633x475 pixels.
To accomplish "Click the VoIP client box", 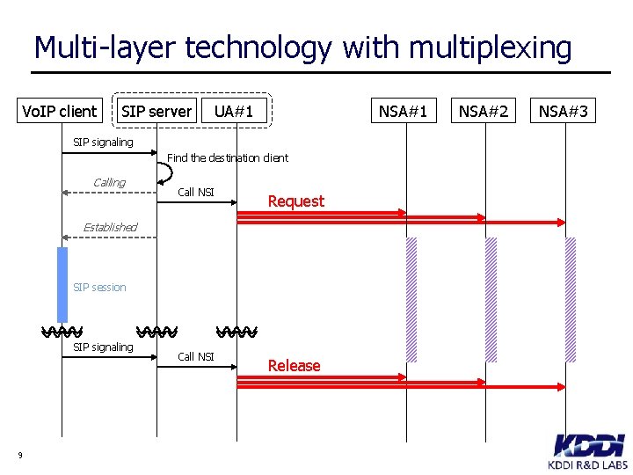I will pos(60,111).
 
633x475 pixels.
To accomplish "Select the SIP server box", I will pos(156,111).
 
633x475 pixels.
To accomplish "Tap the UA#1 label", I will pos(234,111).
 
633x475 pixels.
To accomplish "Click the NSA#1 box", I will pos(403,111).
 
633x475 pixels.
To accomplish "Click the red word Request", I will pos(295,201).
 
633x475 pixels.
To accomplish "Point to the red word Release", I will pos(294,366).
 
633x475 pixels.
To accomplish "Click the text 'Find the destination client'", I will pos(228,158).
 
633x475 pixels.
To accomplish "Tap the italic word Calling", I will pos(109,183).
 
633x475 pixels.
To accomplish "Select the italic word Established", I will pos(110,227).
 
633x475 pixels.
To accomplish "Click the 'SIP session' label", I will pos(99,288).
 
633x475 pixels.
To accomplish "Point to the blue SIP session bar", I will pos(62,284).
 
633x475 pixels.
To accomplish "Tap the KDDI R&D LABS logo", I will pos(588,451).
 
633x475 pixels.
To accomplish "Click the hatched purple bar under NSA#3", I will pos(570,299).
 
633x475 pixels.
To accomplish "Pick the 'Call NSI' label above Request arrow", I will pos(195,193).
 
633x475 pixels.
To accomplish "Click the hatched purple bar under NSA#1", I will pos(411,299).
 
